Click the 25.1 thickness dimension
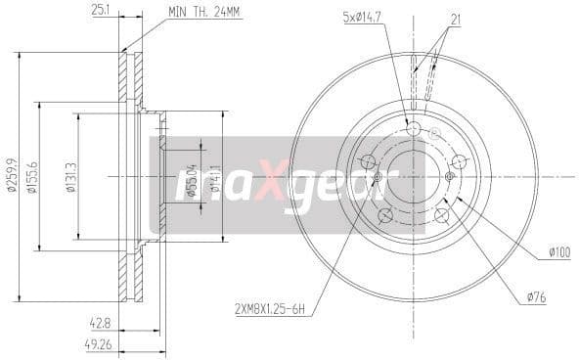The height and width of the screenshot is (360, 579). [x=100, y=11]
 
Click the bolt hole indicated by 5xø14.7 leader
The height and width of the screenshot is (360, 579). [x=412, y=128]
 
